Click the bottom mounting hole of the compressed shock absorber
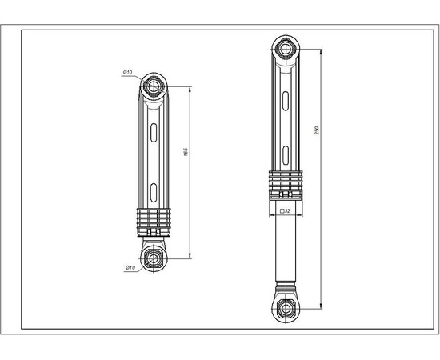coord(152,258)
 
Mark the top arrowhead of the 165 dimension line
coord(190,88)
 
